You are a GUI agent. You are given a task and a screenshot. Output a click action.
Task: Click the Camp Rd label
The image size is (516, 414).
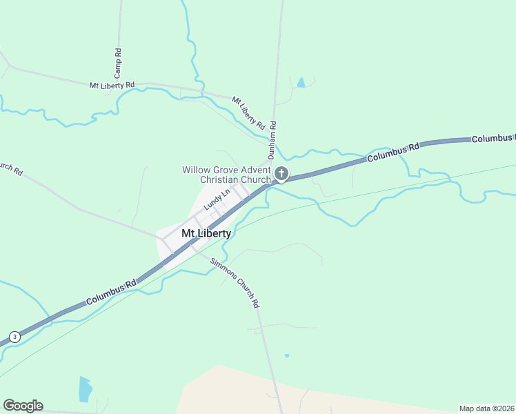[118, 62]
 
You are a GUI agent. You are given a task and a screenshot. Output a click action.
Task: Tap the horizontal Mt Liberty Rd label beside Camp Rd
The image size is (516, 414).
[112, 85]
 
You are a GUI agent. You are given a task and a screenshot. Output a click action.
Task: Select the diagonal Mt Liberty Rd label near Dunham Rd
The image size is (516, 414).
[248, 113]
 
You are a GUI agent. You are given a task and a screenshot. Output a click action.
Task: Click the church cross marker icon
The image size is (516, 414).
[281, 173]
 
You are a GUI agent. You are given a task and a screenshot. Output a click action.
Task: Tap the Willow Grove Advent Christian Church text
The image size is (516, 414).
[226, 175]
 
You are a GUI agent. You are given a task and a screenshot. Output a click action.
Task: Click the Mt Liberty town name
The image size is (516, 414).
[206, 233]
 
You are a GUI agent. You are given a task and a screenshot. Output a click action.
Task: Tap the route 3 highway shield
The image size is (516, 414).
[14, 337]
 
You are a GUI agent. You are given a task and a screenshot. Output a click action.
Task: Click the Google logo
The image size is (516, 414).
[23, 406]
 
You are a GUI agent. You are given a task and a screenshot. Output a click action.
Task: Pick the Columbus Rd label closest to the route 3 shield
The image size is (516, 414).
[110, 293]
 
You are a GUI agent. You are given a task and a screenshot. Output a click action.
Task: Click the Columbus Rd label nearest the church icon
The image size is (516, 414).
[393, 152]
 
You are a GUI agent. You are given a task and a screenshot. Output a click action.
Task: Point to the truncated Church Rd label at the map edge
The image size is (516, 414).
[10, 168]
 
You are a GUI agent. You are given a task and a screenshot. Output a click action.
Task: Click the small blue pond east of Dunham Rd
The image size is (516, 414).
[300, 83]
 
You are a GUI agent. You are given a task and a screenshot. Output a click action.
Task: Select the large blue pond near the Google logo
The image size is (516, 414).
[85, 389]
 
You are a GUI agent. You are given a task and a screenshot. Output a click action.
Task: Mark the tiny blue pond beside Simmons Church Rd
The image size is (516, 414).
[286, 356]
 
